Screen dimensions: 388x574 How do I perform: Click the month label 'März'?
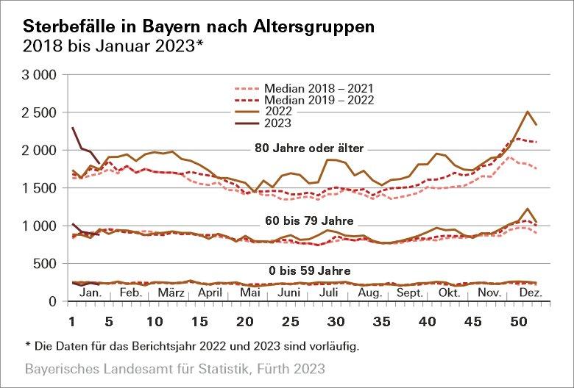(171, 292)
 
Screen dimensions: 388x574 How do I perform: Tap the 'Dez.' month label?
(530, 292)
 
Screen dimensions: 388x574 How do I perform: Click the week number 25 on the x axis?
(291, 320)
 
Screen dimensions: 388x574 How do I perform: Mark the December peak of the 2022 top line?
(528, 112)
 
